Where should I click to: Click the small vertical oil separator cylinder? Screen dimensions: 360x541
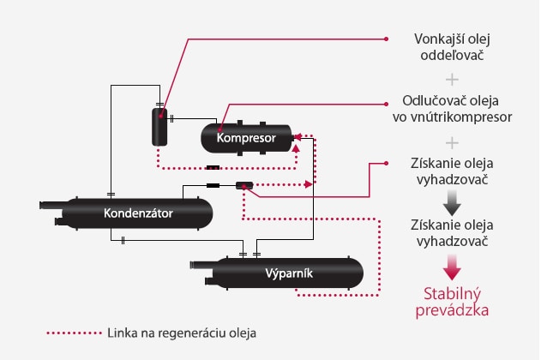pyautogui.click(x=159, y=127)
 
